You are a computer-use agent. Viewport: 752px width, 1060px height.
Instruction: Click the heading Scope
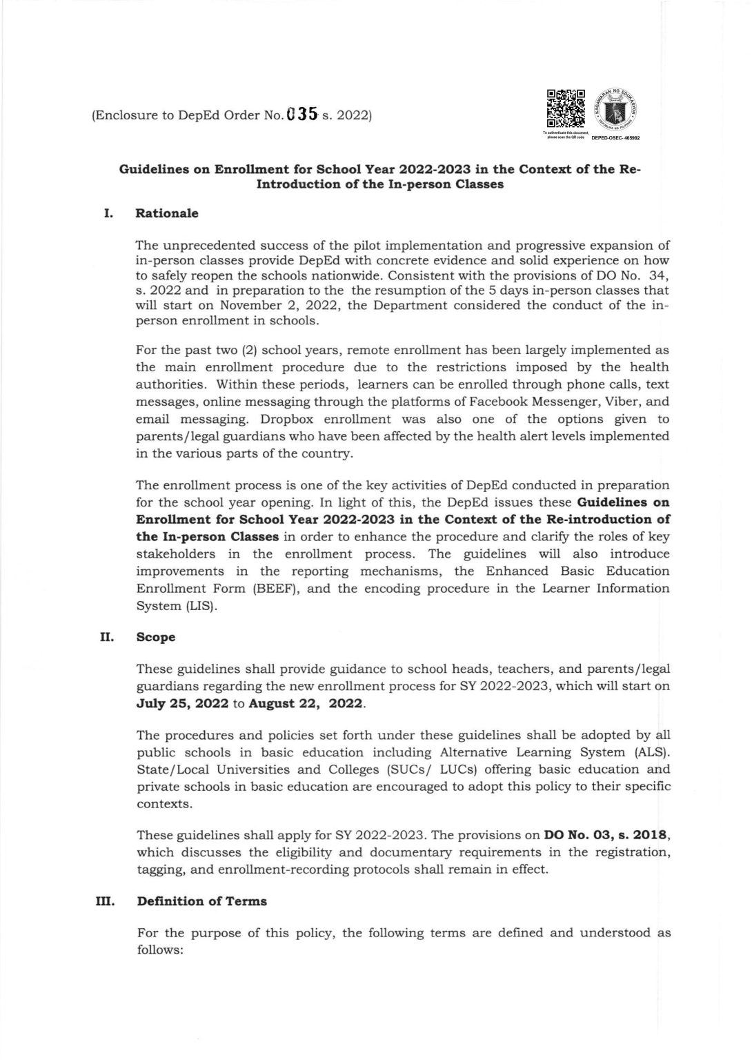point(156,637)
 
